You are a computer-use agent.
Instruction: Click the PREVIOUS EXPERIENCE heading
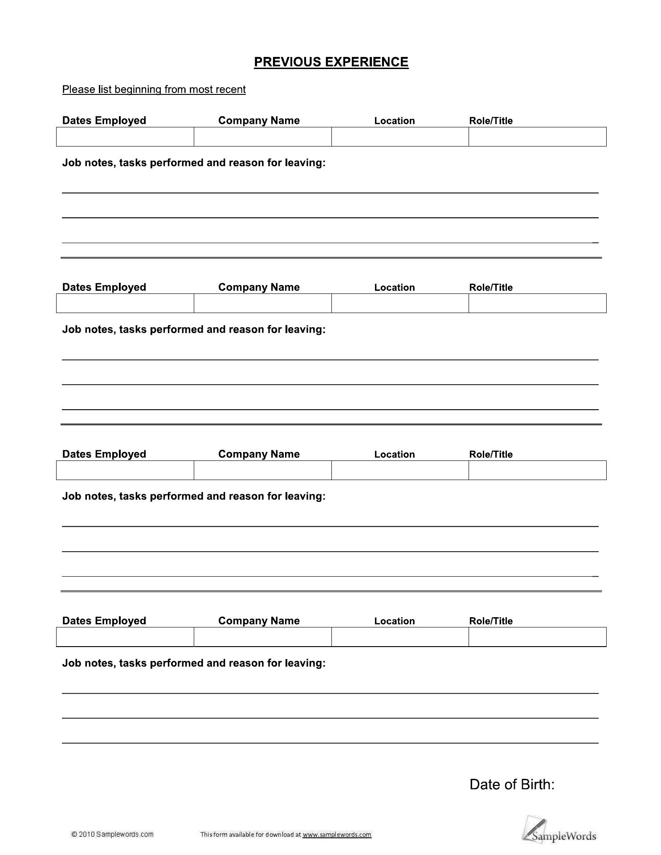pyautogui.click(x=331, y=62)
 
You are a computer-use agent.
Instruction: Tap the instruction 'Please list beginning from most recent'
pyautogui.click(x=154, y=90)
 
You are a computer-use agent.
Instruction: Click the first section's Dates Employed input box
pyautogui.click(x=125, y=137)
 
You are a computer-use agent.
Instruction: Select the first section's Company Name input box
pyautogui.click(x=262, y=137)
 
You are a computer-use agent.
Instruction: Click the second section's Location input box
pyautogui.click(x=400, y=303)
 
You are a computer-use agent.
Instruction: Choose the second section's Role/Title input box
pyautogui.click(x=537, y=303)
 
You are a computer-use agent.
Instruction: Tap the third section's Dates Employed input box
pyautogui.click(x=125, y=470)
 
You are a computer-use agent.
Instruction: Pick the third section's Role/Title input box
pyautogui.click(x=537, y=470)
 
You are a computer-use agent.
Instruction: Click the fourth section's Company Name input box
pyautogui.click(x=262, y=637)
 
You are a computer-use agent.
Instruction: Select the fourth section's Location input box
pyautogui.click(x=400, y=637)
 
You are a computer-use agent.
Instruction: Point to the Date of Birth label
pyautogui.click(x=512, y=784)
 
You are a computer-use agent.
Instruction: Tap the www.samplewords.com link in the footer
pyautogui.click(x=337, y=835)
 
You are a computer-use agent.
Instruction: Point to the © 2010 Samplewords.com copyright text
pyautogui.click(x=112, y=834)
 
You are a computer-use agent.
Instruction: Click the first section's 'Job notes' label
pyautogui.click(x=194, y=163)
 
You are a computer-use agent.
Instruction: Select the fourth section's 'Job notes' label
pyautogui.click(x=194, y=663)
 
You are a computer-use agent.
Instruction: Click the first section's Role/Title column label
pyautogui.click(x=491, y=121)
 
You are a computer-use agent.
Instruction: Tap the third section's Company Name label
pyautogui.click(x=259, y=454)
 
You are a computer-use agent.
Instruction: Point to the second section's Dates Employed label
pyautogui.click(x=104, y=287)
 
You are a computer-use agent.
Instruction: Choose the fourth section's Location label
pyautogui.click(x=395, y=621)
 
